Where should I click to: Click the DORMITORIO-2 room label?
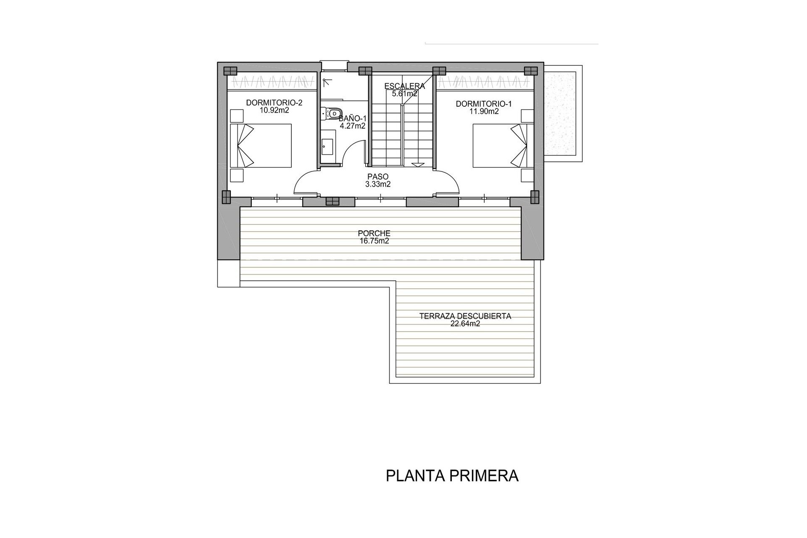[x=274, y=103]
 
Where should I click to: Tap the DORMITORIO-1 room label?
[x=484, y=104]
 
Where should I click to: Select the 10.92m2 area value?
[x=274, y=111]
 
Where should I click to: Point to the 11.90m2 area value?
[x=484, y=112]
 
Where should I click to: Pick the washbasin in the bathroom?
[x=327, y=146]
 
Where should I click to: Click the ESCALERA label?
[x=404, y=86]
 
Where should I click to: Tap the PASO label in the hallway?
[x=378, y=177]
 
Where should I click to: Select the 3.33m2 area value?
[x=378, y=184]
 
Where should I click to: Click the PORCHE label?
[x=374, y=233]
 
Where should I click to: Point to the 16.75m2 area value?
[x=374, y=241]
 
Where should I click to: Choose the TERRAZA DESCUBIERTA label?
[x=465, y=316]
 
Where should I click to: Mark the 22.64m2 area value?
[x=465, y=324]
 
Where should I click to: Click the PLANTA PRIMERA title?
[x=452, y=476]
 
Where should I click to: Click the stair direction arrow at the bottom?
[x=418, y=165]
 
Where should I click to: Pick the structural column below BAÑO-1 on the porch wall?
[x=332, y=202]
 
